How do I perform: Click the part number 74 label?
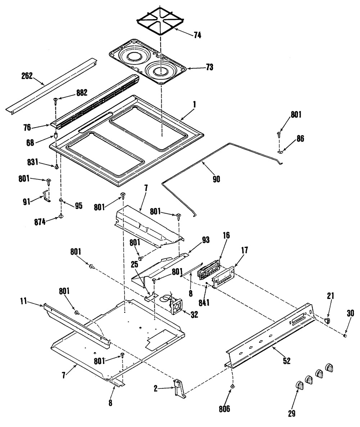tap(197, 35)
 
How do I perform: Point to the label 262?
tap(27, 76)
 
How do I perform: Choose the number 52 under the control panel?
tap(287, 360)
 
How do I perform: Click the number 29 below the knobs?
tap(292, 413)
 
